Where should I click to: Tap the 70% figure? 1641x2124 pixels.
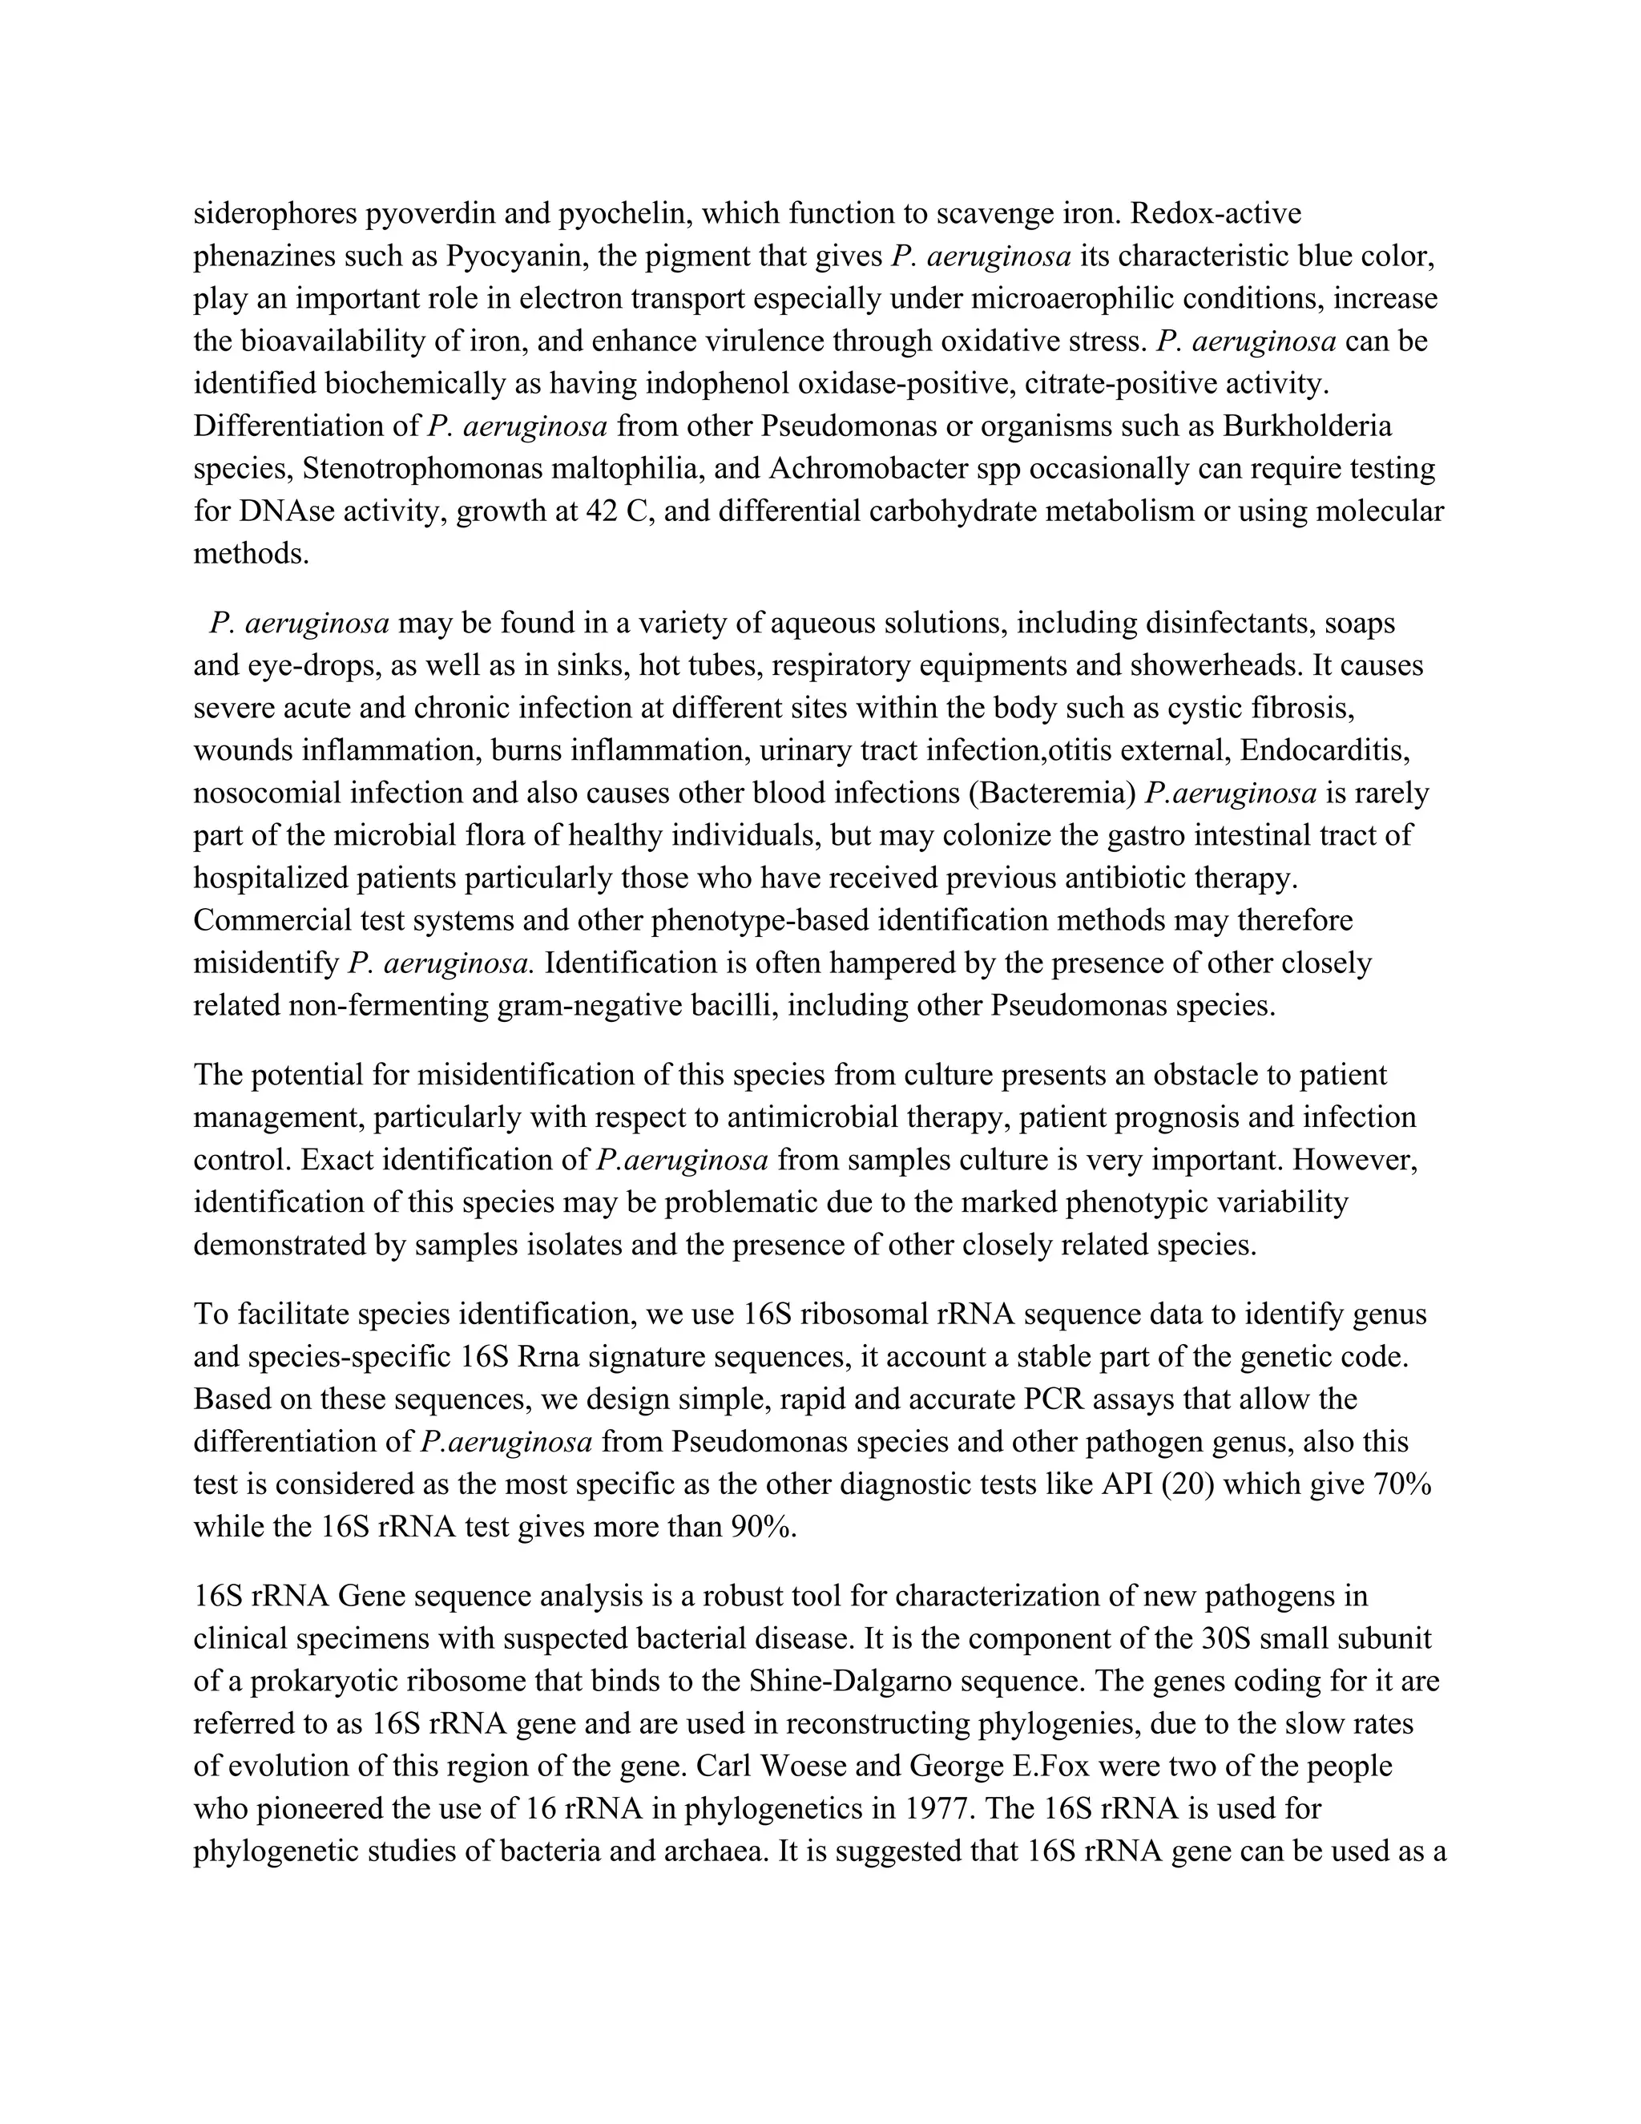pos(1401,1485)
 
